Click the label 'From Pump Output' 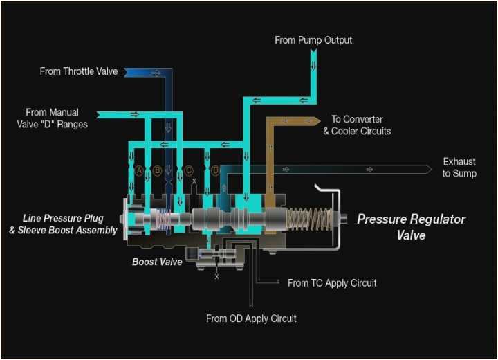313,40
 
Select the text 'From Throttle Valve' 79,71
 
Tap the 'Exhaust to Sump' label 459,168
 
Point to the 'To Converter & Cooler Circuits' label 357,125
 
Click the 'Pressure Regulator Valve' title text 411,227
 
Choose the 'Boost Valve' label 157,262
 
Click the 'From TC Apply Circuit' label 332,282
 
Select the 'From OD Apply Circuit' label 251,318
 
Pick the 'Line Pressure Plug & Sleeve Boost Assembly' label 63,224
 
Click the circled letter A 139,170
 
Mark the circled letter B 157,170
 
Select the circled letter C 188,170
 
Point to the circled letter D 215,170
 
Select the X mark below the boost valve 216,276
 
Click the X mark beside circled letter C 194,181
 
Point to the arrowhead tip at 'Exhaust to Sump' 432,168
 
